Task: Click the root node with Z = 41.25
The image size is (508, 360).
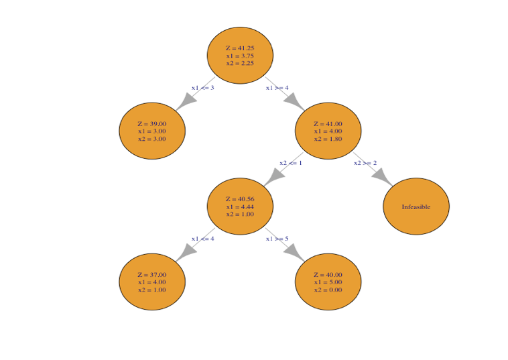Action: [240, 56]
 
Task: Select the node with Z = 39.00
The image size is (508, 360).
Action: [152, 131]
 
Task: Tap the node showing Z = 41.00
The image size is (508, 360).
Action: [328, 131]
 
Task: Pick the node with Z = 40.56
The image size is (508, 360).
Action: [240, 206]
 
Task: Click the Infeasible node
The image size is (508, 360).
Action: [416, 206]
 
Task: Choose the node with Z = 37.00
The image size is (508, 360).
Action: [152, 282]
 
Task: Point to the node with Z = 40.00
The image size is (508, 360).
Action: [328, 282]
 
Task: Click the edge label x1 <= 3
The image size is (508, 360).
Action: [202, 88]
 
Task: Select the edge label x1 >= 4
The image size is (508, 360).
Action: [277, 88]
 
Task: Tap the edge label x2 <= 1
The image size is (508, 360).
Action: [291, 163]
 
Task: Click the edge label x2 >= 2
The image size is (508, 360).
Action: [365, 163]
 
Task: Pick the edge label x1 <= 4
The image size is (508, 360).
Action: [202, 239]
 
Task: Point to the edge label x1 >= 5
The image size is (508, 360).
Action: [277, 239]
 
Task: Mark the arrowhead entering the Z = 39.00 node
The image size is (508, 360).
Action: [186, 101]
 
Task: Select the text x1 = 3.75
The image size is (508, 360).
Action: [240, 56]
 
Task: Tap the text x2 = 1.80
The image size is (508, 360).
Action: [328, 139]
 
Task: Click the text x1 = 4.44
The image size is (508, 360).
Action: [240, 206]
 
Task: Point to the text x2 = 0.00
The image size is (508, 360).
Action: [328, 290]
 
